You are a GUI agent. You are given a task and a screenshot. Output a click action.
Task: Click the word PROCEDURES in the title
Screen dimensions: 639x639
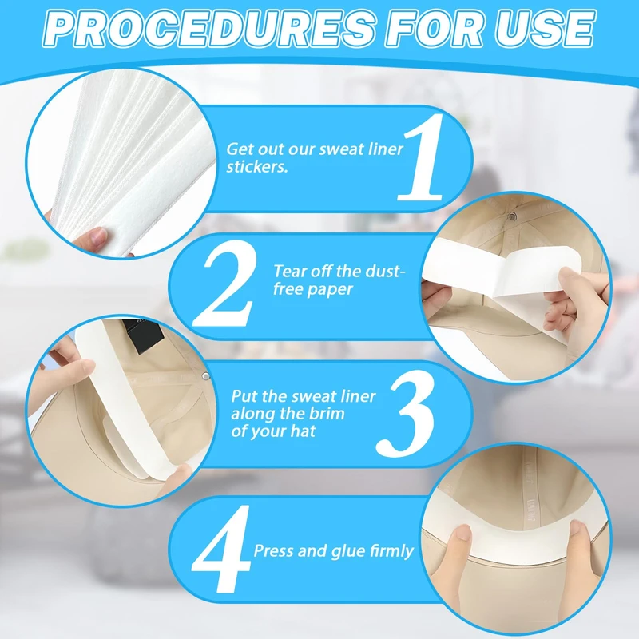click(x=209, y=29)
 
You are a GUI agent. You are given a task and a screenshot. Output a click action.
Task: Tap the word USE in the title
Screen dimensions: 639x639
click(x=546, y=29)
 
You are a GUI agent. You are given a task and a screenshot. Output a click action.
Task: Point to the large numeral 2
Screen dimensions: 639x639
click(x=226, y=284)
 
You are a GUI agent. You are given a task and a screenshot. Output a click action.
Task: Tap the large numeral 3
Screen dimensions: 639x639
click(x=406, y=414)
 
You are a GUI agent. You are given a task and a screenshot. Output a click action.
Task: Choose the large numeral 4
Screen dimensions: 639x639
click(x=221, y=549)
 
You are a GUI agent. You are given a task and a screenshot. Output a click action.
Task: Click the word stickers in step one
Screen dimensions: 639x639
click(x=257, y=167)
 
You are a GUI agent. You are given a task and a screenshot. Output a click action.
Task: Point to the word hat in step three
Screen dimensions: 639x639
click(x=303, y=431)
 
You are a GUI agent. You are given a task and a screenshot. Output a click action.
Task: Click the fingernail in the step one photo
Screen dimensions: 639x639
click(x=97, y=236)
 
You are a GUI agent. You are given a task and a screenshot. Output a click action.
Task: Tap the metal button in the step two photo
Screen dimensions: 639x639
click(x=513, y=216)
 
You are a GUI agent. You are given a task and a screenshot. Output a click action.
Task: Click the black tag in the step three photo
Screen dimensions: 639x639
click(x=144, y=335)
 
